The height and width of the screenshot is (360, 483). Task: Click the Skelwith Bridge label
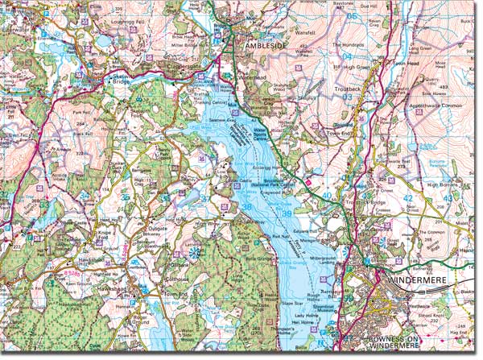pyautogui.click(x=113, y=77)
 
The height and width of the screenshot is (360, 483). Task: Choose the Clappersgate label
pyautogui.click(x=182, y=66)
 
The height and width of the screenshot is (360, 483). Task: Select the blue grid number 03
pyautogui.click(x=347, y=96)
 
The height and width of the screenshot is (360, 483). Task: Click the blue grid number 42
pyautogui.click(x=407, y=197)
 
